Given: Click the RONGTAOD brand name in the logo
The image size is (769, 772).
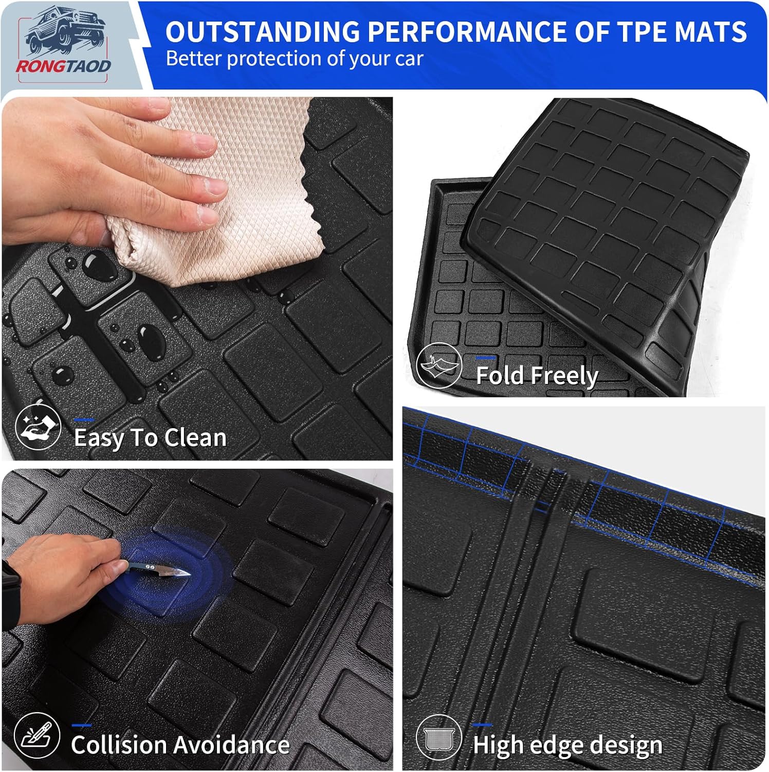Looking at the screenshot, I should [x=63, y=66].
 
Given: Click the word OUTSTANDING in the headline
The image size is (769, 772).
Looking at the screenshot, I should [x=262, y=32].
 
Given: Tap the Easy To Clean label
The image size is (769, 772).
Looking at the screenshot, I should [x=150, y=438].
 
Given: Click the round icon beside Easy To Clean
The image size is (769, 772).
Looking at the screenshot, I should [x=38, y=428].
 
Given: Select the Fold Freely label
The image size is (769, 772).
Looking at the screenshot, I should [x=537, y=376].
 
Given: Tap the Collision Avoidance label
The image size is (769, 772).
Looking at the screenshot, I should [x=180, y=745].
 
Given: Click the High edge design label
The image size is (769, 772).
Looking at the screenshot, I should [x=567, y=745].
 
